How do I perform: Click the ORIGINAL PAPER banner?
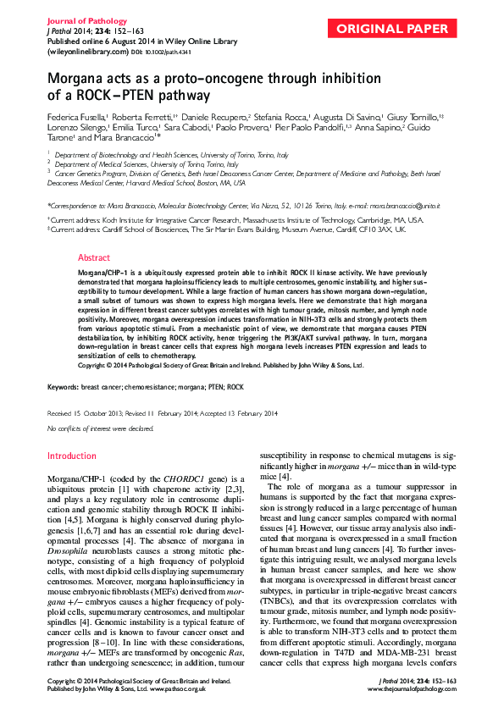[x=392, y=30]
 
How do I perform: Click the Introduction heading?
[x=72, y=456]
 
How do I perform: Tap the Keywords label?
[x=62, y=386]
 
